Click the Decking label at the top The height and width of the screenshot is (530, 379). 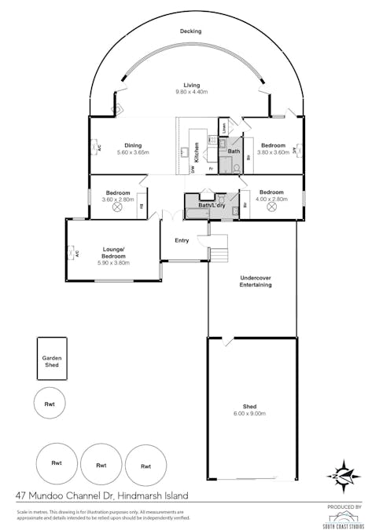[189, 31]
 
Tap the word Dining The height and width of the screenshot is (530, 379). [132, 144]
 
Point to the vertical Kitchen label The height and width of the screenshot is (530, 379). [196, 152]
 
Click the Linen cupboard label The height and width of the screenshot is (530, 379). [224, 127]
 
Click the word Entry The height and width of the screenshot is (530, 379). [182, 241]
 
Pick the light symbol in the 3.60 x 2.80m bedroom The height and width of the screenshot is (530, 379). [118, 208]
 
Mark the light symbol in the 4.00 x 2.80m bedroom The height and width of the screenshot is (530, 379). [271, 209]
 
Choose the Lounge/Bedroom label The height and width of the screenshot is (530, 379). [114, 253]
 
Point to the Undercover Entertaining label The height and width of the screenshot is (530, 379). [255, 281]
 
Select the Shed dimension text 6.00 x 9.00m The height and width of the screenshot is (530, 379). [250, 413]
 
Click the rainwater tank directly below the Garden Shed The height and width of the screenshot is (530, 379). [50, 404]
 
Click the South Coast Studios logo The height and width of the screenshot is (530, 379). [345, 516]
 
